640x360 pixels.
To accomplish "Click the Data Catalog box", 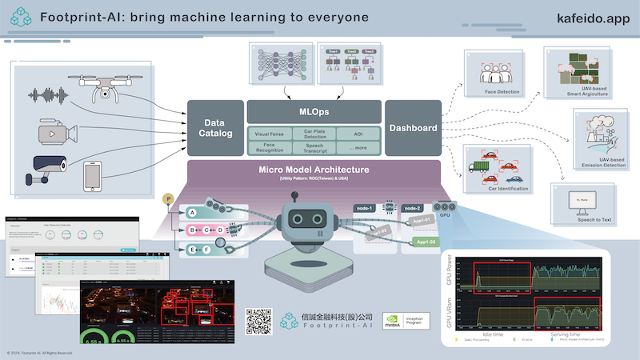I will [x=214, y=128].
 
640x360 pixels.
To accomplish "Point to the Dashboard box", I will [x=413, y=128].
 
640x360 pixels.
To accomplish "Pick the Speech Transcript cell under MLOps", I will [x=314, y=146].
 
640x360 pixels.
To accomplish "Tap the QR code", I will [x=259, y=321].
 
